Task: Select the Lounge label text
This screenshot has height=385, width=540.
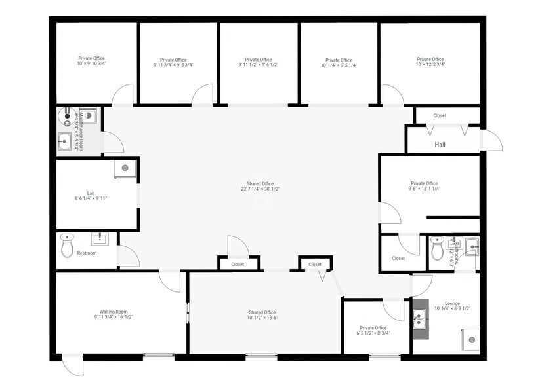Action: (x=452, y=304)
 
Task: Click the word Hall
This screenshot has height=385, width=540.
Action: (x=440, y=144)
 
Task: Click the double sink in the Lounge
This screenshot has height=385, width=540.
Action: (x=421, y=319)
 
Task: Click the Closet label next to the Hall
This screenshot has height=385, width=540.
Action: (x=439, y=116)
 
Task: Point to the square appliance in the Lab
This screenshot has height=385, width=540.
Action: (x=125, y=168)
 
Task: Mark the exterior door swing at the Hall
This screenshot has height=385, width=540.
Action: (x=491, y=139)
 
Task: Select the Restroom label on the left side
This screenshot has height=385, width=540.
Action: (x=87, y=253)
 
